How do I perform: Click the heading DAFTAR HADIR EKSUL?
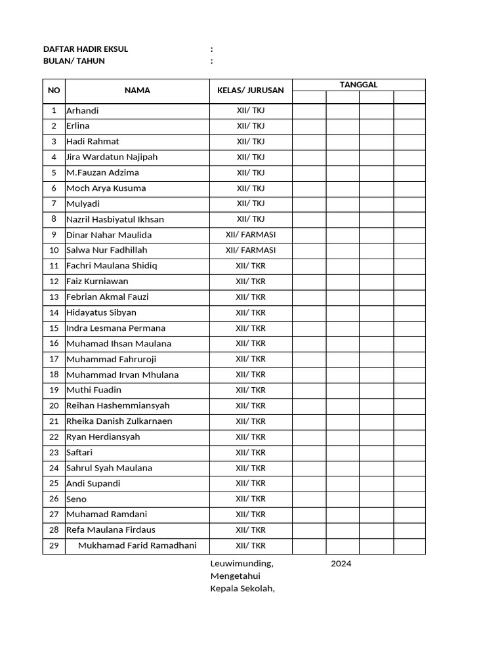(85, 49)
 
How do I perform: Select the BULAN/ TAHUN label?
(73, 61)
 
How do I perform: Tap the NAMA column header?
(137, 91)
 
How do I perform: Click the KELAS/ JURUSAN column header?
(250, 91)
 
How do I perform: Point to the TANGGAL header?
(358, 85)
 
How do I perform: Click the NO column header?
(54, 91)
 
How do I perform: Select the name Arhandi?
(83, 110)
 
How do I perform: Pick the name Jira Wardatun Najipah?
(112, 157)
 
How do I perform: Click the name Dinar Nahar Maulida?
(109, 235)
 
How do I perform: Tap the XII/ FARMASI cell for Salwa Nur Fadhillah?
(250, 250)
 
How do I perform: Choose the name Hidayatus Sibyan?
(101, 312)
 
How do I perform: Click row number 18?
(54, 375)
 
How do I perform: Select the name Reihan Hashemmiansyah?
(118, 406)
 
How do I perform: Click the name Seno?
(76, 499)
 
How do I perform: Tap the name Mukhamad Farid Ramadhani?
(137, 545)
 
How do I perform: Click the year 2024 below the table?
(341, 564)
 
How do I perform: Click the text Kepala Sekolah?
(242, 588)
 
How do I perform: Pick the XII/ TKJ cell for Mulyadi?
(250, 203)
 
